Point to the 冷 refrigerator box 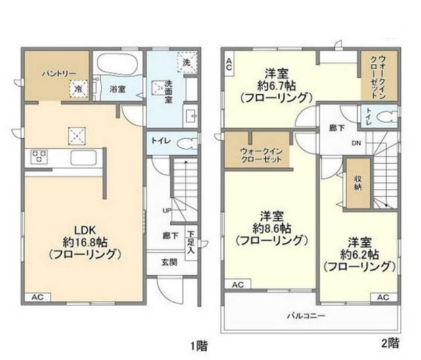click(78, 88)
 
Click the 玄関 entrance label click(169, 262)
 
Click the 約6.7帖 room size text click(275, 85)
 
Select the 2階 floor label click(389, 342)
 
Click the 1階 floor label click(197, 344)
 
